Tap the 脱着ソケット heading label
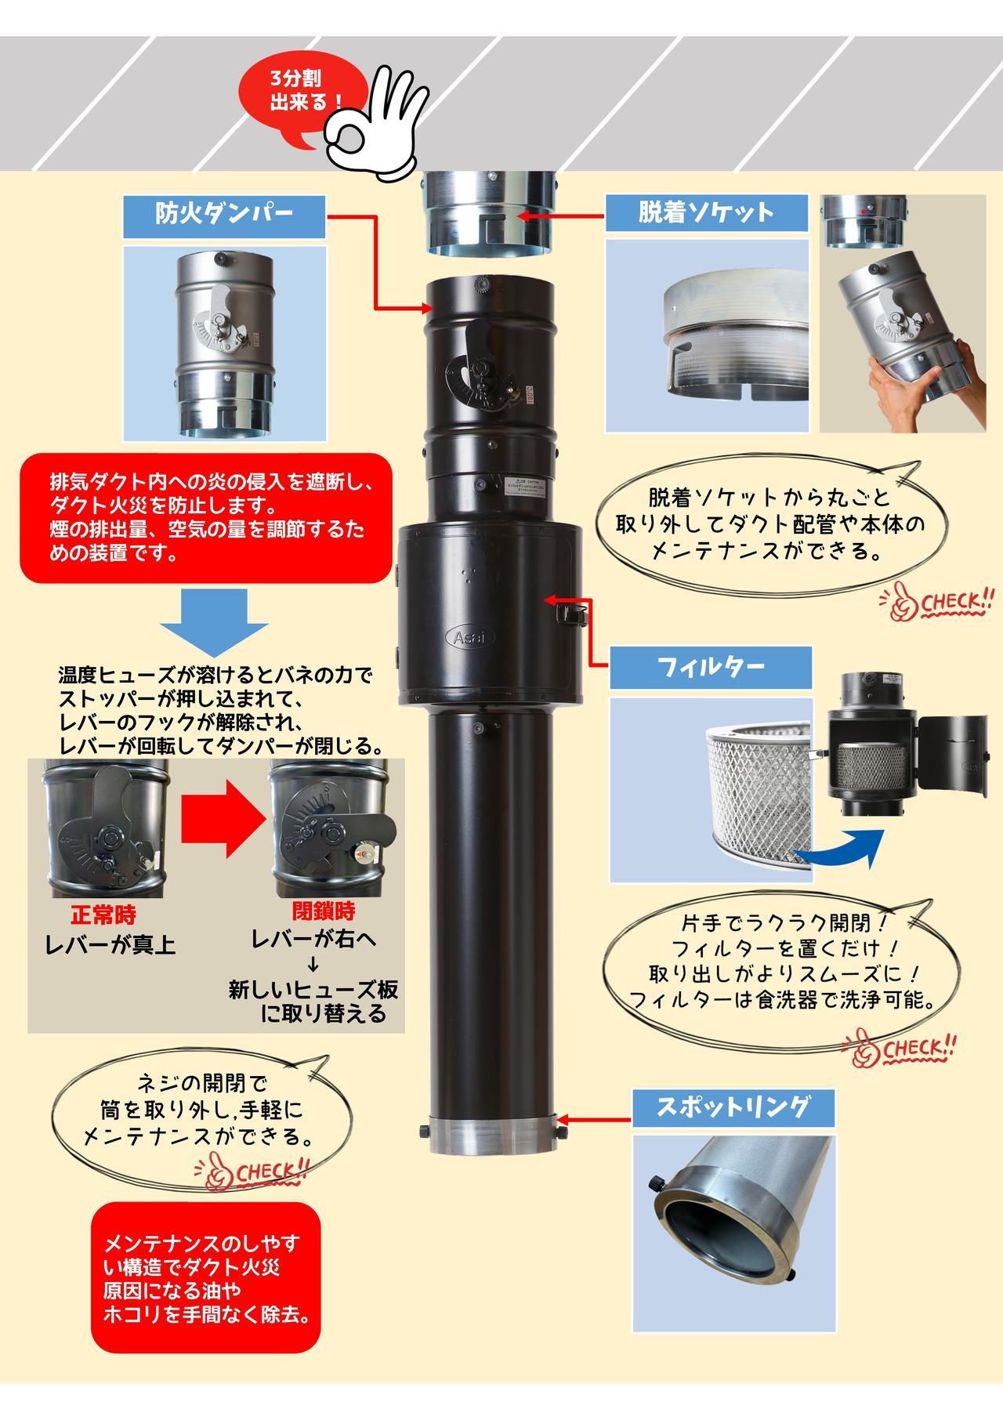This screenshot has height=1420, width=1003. click(x=706, y=213)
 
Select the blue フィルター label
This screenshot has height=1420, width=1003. click(x=711, y=668)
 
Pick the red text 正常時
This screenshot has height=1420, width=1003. click(x=103, y=915)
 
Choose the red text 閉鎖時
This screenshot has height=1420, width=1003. click(x=324, y=911)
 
